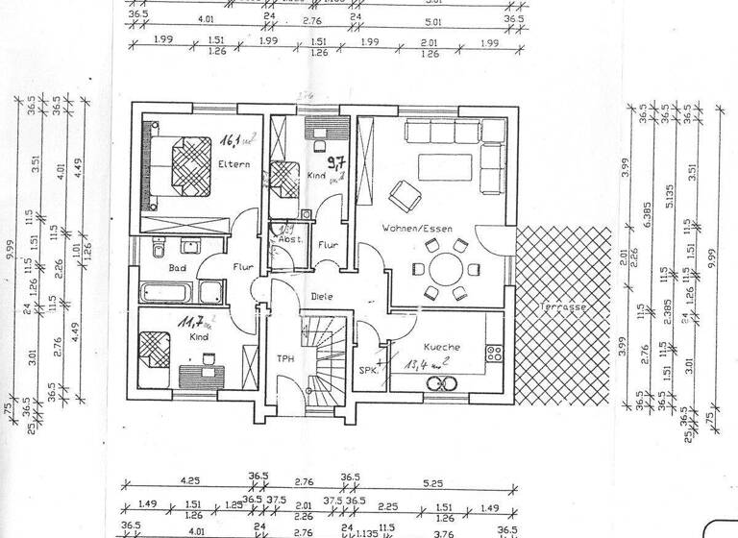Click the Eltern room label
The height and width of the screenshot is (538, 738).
[x=234, y=164]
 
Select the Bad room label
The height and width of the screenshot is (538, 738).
[x=177, y=270]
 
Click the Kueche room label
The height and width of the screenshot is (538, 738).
[x=446, y=346]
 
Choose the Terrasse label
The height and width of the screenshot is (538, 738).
[x=563, y=306]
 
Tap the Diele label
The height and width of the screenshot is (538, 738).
[x=321, y=297]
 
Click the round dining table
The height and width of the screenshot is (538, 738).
[x=445, y=269]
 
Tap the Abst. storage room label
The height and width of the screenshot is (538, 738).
[x=289, y=238]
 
